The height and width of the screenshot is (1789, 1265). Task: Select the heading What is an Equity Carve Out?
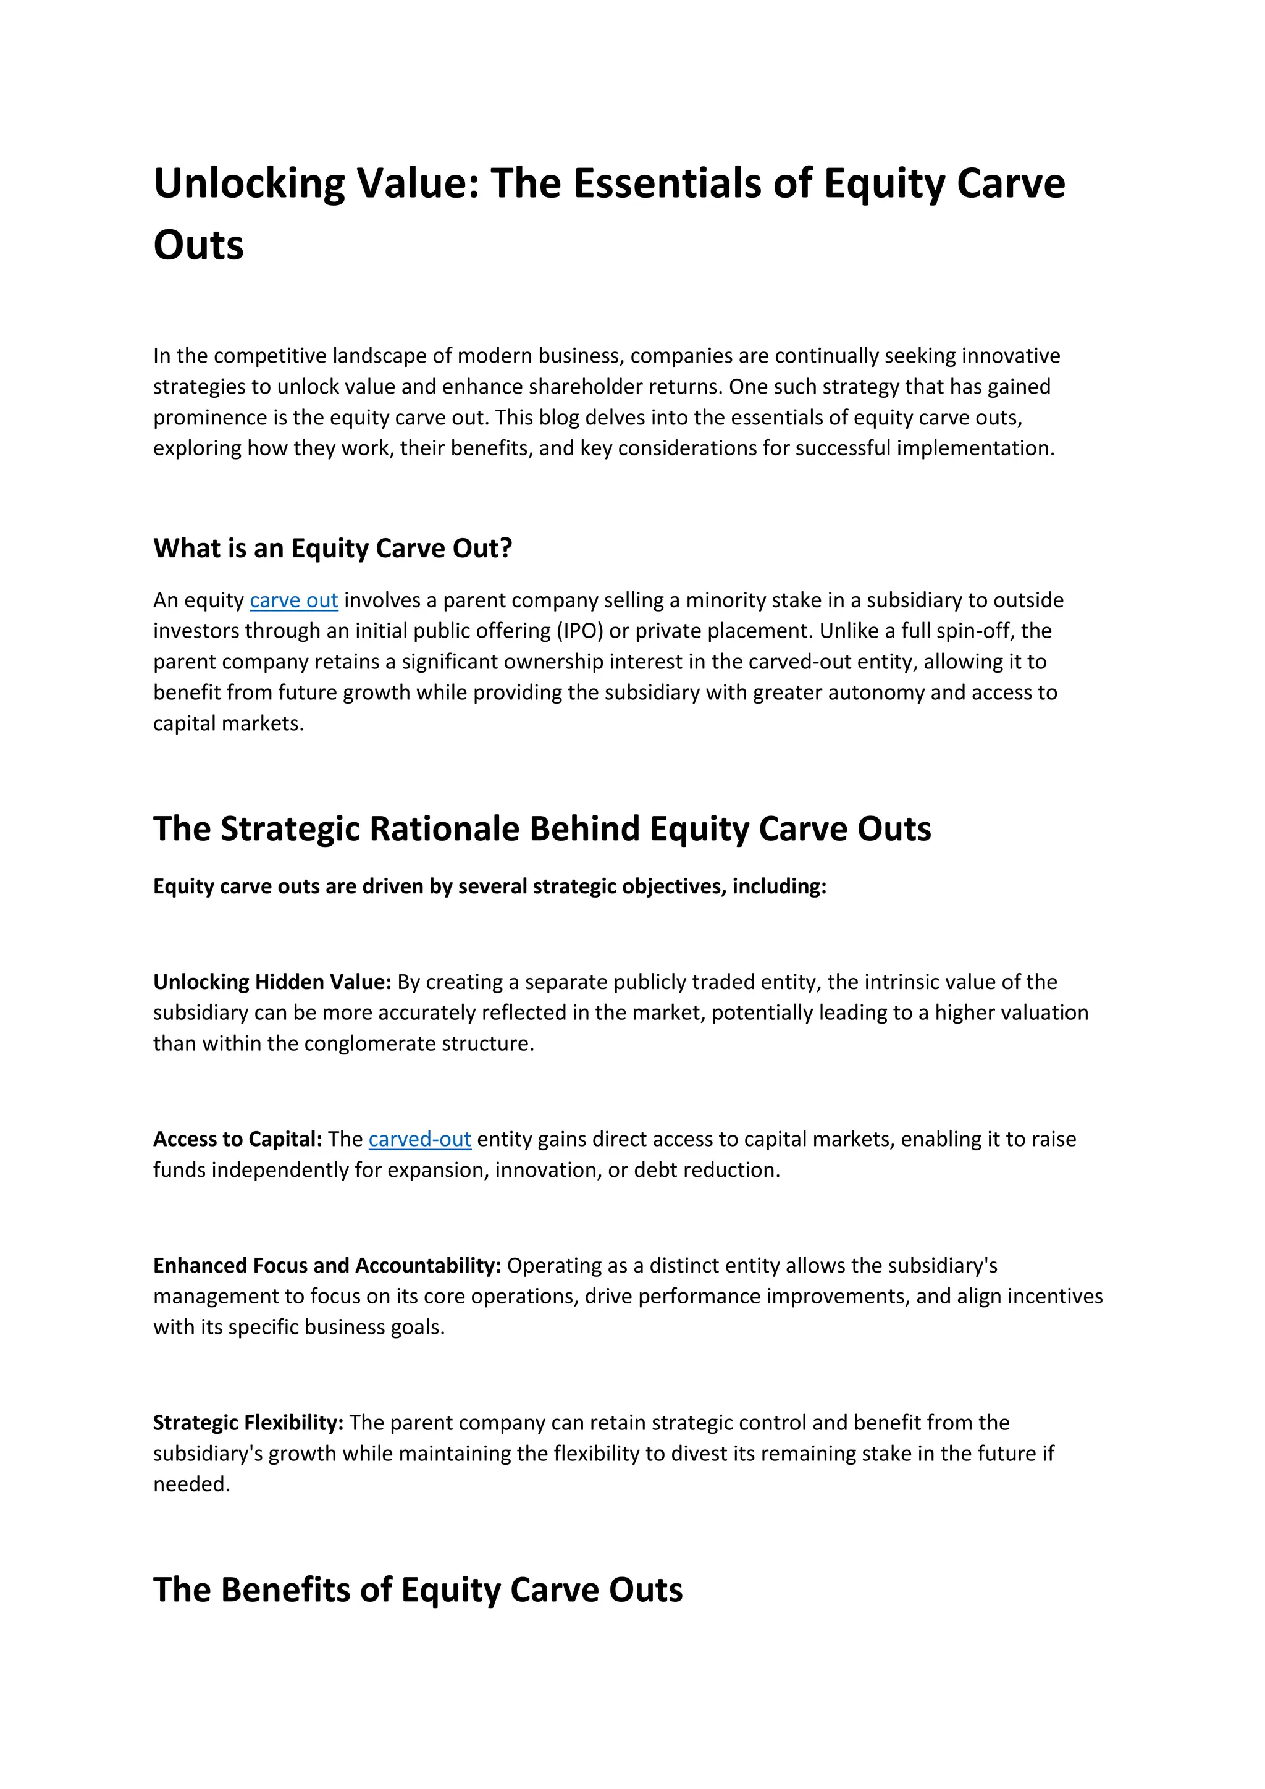[x=332, y=549]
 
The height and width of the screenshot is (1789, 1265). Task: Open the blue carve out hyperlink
[x=293, y=600]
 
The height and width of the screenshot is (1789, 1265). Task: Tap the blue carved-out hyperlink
[x=420, y=1139]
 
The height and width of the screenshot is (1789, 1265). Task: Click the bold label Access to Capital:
[x=238, y=1139]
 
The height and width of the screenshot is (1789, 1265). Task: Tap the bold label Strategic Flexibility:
[x=248, y=1423]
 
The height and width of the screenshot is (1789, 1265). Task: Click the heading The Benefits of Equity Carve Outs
[x=418, y=1590]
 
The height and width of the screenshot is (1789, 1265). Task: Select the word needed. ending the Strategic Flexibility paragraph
[x=191, y=1484]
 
